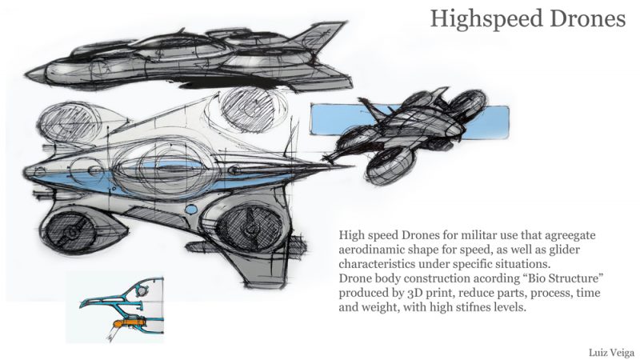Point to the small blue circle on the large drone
[x=191, y=210]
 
